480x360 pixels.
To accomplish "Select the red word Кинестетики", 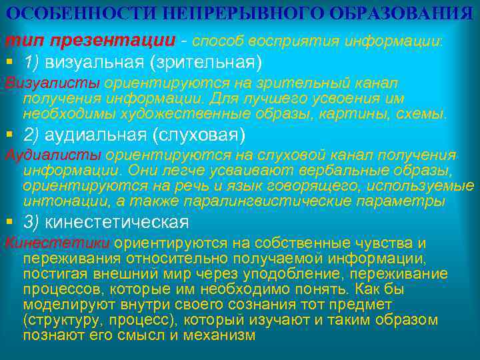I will pos(57,243).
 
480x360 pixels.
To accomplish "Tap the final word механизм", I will pos(218,335).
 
